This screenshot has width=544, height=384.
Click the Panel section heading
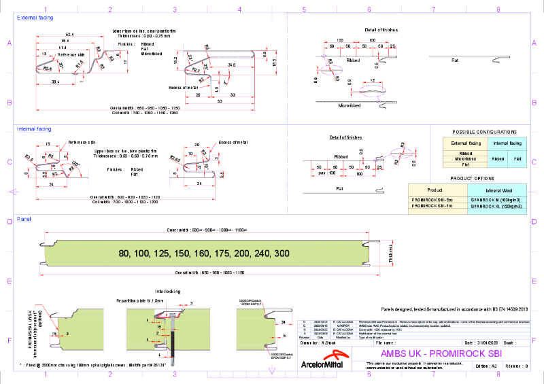point(24,219)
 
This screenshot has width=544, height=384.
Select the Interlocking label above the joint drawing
point(168,290)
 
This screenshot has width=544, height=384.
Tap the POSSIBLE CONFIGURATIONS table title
point(484,132)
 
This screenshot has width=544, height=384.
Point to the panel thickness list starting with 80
point(204,254)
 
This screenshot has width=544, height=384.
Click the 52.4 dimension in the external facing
point(69,34)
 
